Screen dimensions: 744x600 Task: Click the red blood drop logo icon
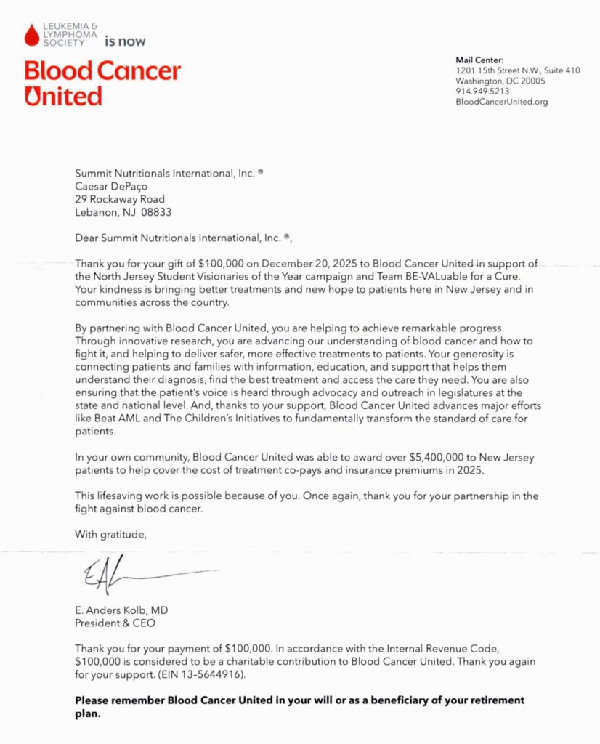click(31, 33)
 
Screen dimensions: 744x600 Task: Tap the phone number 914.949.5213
click(482, 92)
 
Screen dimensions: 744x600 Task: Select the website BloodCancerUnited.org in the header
click(501, 102)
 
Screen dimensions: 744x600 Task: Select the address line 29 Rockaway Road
click(121, 199)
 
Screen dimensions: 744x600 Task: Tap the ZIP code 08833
click(158, 212)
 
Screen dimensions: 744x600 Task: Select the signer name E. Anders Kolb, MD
click(121, 610)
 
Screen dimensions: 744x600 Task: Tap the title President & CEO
click(115, 623)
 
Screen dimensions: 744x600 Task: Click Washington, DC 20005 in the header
click(500, 81)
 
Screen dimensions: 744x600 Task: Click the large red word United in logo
click(63, 96)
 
